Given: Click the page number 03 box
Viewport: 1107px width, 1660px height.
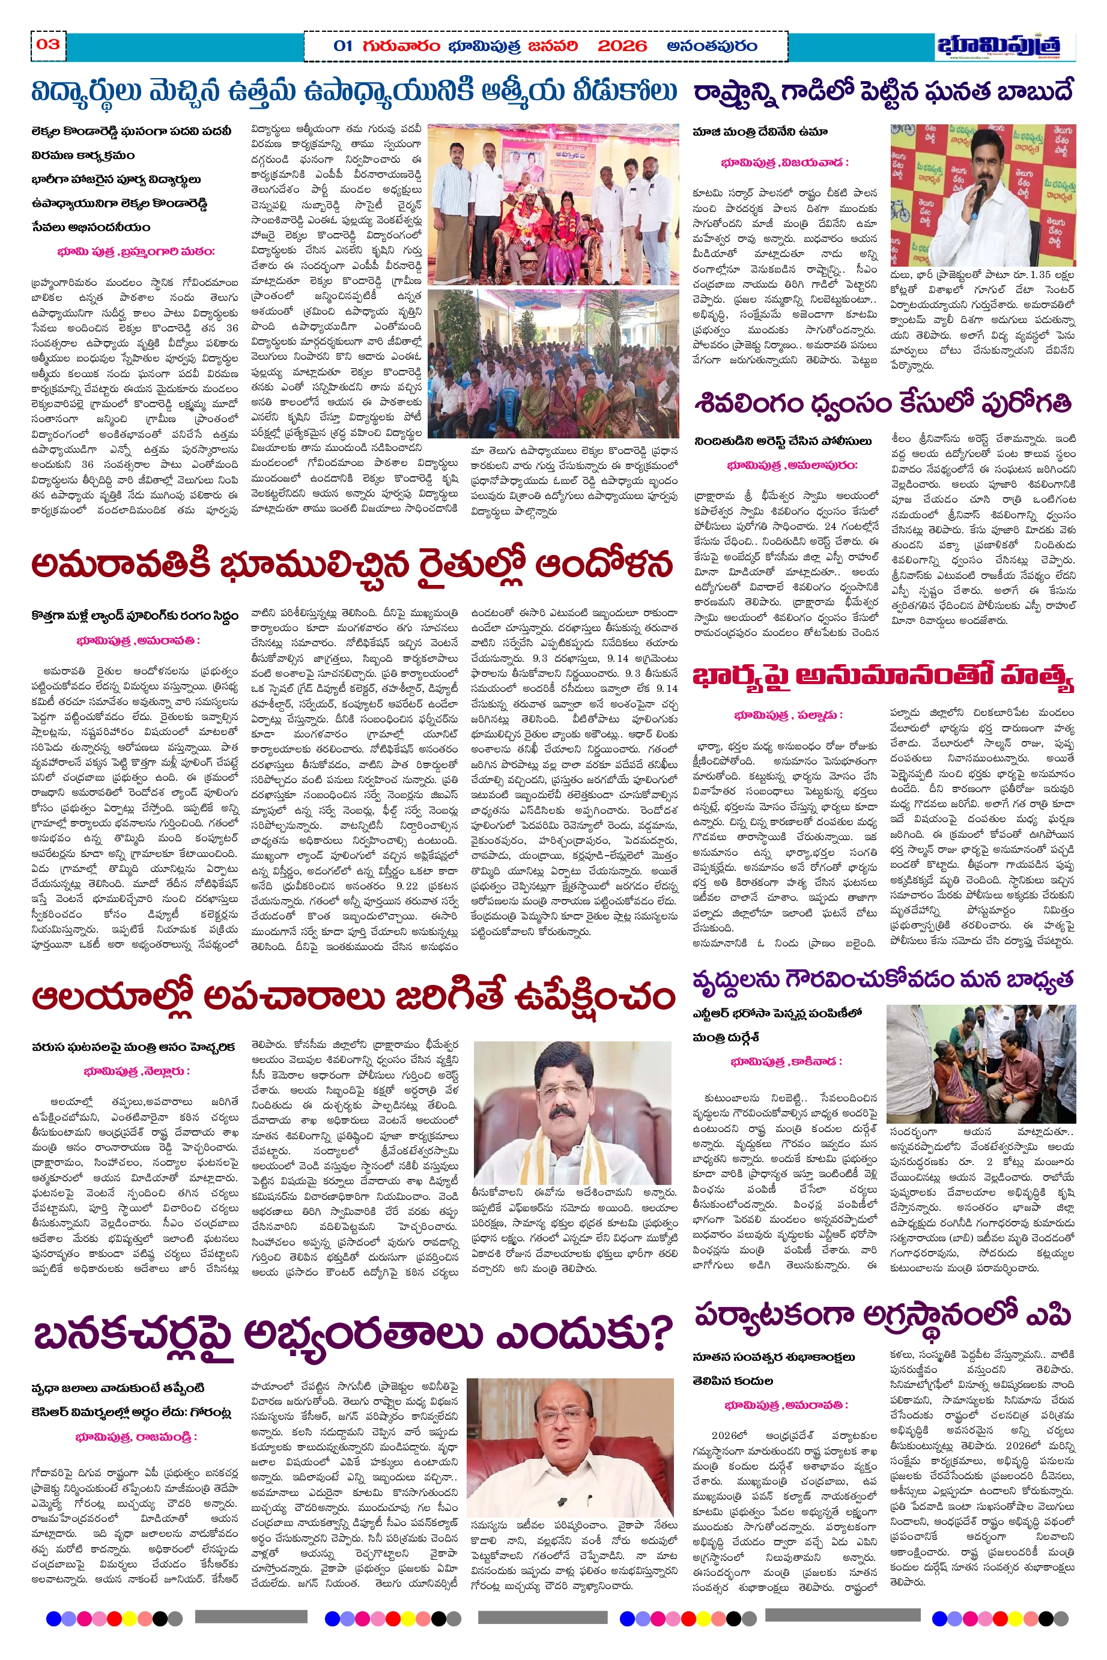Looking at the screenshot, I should (x=48, y=44).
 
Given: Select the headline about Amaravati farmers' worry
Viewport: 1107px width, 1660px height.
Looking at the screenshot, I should (x=351, y=565).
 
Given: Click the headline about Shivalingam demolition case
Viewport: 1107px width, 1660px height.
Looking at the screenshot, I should (x=882, y=403).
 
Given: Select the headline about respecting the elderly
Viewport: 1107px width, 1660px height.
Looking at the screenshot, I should (x=882, y=980).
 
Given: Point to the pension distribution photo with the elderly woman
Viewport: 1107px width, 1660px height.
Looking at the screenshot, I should (x=981, y=1064).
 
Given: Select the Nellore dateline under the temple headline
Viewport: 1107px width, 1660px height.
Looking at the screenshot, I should (x=136, y=1071).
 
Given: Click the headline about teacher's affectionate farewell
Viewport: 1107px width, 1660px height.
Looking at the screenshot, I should (x=353, y=91).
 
